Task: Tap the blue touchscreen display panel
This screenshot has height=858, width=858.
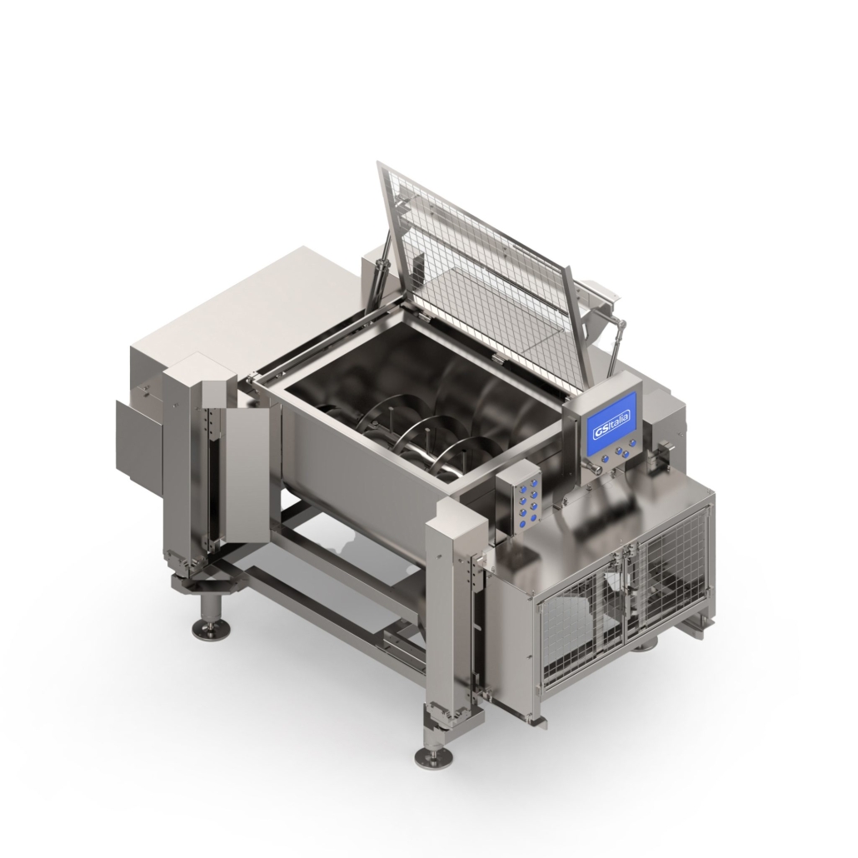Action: [612, 422]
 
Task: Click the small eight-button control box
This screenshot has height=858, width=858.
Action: [517, 494]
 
